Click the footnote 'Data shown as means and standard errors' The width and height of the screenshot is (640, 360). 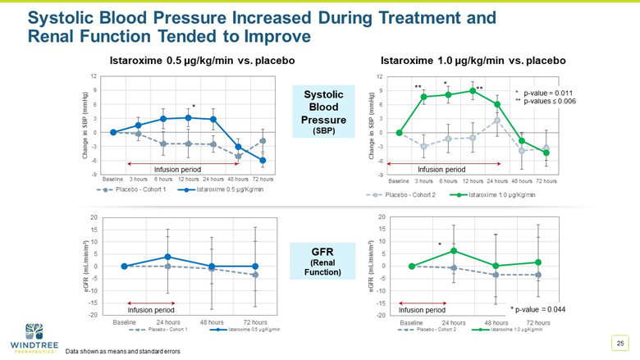(123, 351)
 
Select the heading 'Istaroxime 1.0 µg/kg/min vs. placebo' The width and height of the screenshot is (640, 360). (473, 60)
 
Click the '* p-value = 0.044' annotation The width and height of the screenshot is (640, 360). (537, 308)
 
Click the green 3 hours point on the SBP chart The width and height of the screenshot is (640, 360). (423, 97)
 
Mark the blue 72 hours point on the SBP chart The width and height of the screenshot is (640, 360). (263, 161)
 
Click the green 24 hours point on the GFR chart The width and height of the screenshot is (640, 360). (454, 251)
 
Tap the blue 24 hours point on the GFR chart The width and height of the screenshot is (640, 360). (167, 257)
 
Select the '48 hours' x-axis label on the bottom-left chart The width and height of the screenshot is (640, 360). (212, 322)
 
